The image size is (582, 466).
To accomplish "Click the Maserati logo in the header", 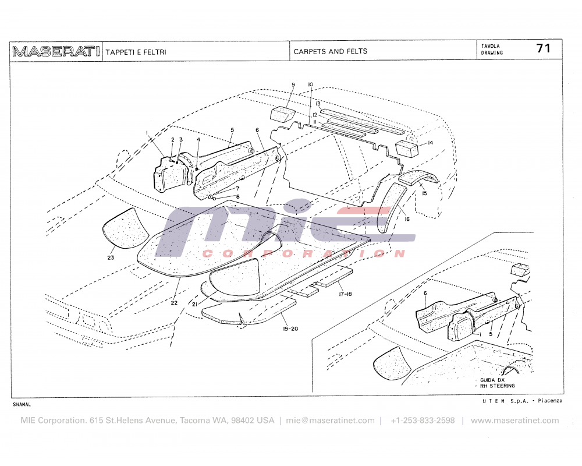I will [x=56, y=51].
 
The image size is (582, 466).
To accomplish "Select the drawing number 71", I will [x=543, y=49].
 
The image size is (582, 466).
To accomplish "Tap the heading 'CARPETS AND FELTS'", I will [x=331, y=51].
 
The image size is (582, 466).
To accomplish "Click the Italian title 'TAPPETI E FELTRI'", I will [x=136, y=52].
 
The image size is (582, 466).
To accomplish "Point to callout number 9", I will [x=293, y=85].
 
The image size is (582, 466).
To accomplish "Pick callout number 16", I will [x=407, y=220].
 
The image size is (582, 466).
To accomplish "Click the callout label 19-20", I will [x=290, y=329].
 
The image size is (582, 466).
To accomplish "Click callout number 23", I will [x=111, y=257].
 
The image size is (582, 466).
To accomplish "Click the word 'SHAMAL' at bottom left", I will [x=21, y=404].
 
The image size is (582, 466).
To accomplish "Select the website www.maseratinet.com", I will [x=514, y=421].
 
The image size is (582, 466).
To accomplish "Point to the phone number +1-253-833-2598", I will [x=423, y=421].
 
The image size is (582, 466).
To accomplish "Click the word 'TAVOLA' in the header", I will [x=490, y=45].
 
